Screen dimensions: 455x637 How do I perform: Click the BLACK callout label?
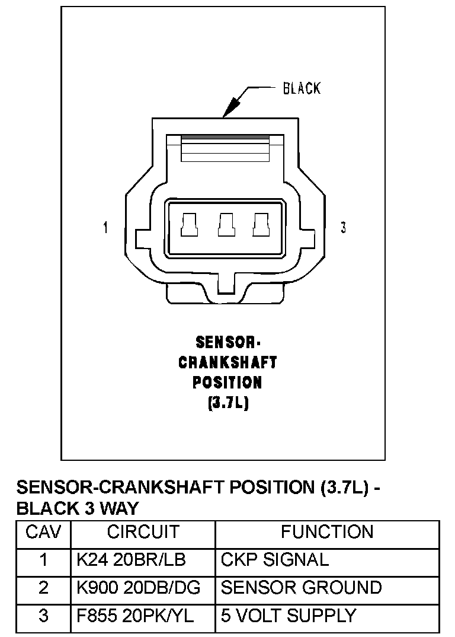[x=302, y=89]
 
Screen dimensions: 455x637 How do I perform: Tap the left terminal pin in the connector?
[x=189, y=226]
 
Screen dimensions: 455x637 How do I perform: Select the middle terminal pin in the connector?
[x=225, y=226]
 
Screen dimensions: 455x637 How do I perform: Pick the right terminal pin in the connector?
[x=260, y=226]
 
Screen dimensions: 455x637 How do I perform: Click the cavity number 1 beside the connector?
[x=105, y=228]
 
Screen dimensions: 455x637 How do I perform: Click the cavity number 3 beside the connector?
[x=344, y=228]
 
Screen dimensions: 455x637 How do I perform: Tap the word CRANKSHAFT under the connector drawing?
[x=227, y=362]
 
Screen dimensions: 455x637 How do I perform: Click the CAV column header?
[x=43, y=532]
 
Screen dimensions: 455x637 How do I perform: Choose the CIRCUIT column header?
[x=143, y=532]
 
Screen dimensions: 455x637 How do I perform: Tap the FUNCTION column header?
[x=327, y=532]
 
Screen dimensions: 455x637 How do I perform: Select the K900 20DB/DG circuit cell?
[x=139, y=587]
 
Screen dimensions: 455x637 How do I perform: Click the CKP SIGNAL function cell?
[x=274, y=559]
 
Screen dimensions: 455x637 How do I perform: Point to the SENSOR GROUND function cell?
[x=301, y=587]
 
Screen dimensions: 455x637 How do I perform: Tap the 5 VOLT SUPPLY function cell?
[x=289, y=616]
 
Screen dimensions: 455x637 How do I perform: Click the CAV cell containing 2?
[x=43, y=587]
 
